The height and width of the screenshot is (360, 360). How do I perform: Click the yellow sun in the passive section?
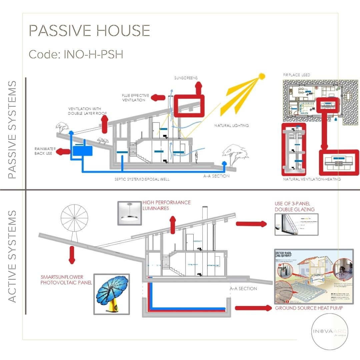tap(262, 77)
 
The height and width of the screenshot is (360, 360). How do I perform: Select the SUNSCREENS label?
tap(186, 78)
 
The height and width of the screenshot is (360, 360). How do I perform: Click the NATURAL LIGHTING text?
tap(232, 126)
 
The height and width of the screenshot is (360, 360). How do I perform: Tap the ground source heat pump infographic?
tap(313, 276)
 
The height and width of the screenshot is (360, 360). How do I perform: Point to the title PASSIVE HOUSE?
tap(89, 31)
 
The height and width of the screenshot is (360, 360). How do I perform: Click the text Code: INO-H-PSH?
tap(76, 54)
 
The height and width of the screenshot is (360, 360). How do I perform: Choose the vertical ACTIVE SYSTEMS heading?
tap(12, 256)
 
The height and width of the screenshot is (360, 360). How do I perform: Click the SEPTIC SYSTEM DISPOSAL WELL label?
tap(142, 179)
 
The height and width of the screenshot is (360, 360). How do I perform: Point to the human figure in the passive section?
tap(197, 157)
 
